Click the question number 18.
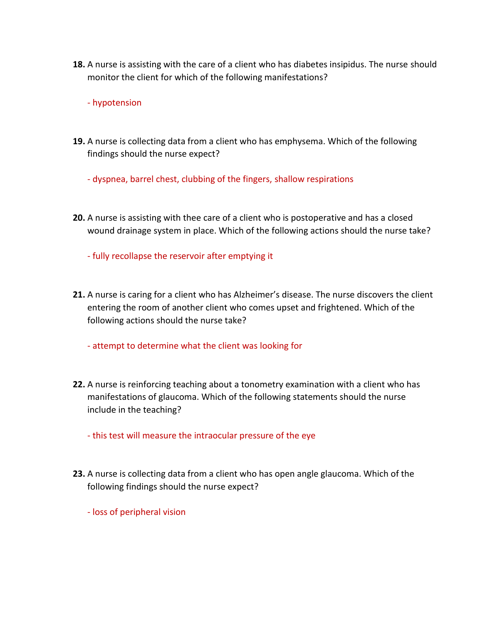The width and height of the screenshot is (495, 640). tap(79, 64)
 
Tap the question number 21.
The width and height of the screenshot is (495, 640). tap(79, 295)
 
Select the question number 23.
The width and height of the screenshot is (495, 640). tap(79, 474)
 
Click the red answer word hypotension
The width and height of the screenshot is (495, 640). tap(117, 103)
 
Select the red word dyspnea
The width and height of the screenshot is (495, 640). tap(110, 179)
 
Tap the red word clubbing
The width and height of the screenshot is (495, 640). tap(198, 179)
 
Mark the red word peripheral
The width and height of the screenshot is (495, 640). tap(140, 512)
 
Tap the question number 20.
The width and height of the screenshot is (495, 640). tap(79, 218)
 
